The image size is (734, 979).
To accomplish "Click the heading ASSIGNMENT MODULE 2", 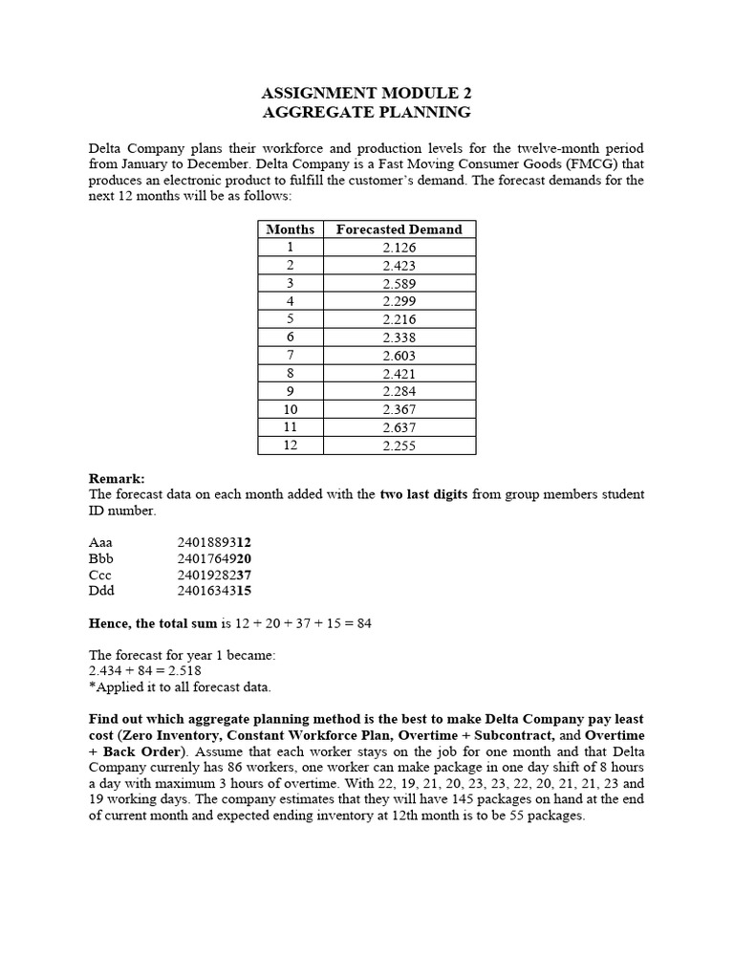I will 366,93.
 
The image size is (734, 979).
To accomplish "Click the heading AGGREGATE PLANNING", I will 366,112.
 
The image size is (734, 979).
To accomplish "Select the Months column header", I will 290,229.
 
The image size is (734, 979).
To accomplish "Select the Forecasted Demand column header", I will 399,229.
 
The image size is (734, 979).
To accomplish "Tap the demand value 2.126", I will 399,248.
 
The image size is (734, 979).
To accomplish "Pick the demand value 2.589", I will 399,284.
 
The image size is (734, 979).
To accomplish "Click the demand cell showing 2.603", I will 399,356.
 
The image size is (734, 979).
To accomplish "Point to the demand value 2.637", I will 399,427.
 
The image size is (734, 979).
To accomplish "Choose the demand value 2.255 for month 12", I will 399,446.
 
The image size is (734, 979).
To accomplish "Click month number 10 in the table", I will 290,409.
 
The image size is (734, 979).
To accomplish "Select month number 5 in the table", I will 290,319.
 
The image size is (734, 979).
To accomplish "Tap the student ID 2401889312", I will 214,541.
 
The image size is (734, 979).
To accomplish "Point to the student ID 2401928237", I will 214,575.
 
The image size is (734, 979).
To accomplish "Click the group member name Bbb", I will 100,558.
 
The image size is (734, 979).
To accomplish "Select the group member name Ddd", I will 101,592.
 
